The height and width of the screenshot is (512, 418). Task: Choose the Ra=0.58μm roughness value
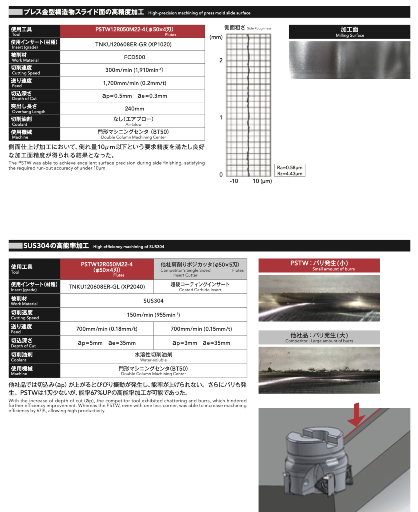(290, 167)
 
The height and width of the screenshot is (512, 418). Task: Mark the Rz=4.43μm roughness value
(290, 173)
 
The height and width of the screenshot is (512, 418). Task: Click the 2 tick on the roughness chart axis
(220, 60)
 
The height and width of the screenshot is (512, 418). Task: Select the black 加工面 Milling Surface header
(349, 32)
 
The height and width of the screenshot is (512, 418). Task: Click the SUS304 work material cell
(154, 301)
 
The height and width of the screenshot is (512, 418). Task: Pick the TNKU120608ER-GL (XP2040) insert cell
(107, 286)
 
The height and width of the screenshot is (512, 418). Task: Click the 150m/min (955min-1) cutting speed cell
(154, 315)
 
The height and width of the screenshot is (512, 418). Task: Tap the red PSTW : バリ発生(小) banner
(319, 265)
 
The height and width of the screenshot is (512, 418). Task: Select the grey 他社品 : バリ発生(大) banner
(319, 337)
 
